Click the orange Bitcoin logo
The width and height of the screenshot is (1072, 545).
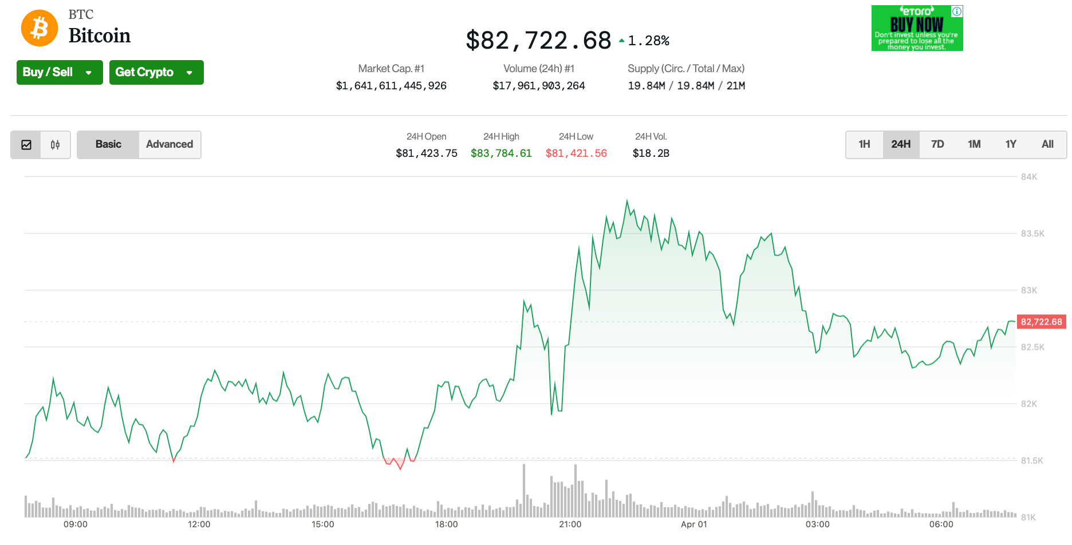(40, 28)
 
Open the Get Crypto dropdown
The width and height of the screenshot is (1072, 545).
(156, 72)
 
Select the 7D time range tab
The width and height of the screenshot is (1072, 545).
(937, 144)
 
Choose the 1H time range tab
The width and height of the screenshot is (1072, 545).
(864, 144)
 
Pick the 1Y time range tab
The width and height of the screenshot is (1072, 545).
(1011, 144)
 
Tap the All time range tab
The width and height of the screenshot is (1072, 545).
(1047, 144)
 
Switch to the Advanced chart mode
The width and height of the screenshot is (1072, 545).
(170, 144)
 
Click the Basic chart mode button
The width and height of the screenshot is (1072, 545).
(108, 144)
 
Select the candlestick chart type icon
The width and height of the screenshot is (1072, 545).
(55, 145)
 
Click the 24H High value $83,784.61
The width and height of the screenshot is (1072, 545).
(501, 153)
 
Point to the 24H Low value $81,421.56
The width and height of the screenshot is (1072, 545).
(576, 153)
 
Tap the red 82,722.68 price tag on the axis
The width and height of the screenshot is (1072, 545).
(1041, 322)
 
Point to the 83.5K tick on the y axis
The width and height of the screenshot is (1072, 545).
(1032, 234)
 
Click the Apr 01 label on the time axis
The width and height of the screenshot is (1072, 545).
(694, 524)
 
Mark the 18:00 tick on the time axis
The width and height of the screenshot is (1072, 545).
(447, 524)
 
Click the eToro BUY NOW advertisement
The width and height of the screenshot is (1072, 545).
(917, 28)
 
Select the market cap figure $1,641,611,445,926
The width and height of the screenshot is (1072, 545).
(391, 86)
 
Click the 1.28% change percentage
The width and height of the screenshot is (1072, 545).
(648, 41)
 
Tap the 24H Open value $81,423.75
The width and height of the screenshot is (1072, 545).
(427, 153)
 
